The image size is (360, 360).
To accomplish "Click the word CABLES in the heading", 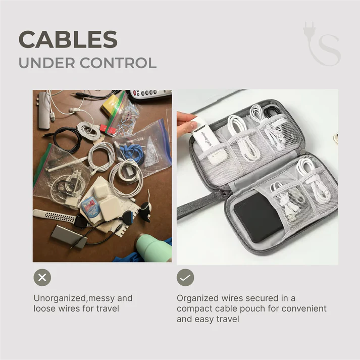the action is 68,39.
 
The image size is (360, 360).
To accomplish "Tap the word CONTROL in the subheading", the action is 118,63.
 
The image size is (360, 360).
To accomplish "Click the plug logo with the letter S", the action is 322,43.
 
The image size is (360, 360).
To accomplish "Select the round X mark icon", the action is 42,277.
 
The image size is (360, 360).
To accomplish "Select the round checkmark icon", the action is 185,277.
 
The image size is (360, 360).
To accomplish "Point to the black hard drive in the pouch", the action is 259,217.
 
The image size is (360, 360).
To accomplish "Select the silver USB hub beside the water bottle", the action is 69,237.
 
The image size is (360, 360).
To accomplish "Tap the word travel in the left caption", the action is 108,308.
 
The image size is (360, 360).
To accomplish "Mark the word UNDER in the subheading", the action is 47,63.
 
